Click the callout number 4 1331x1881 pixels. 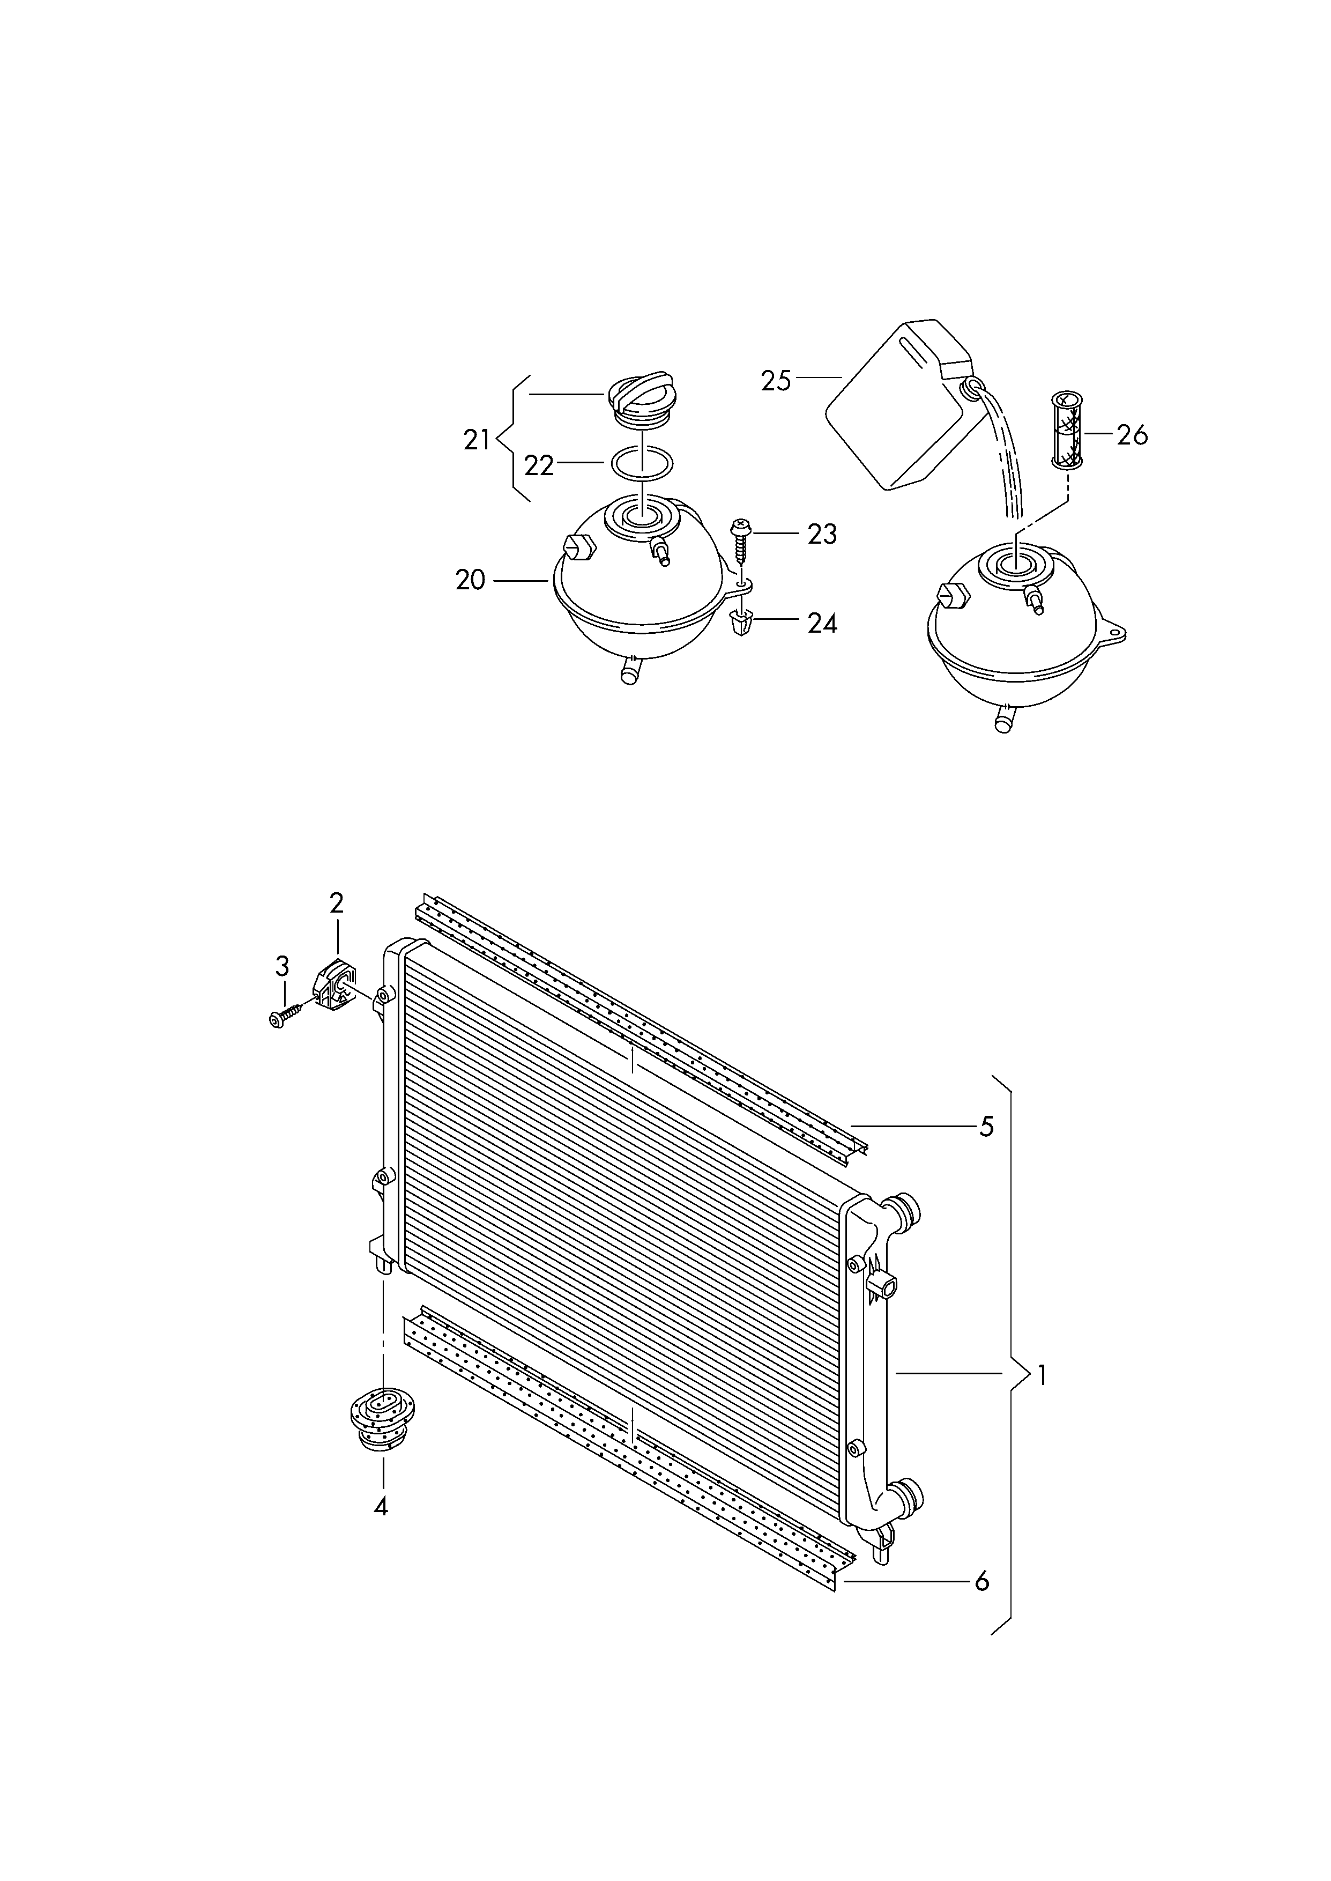(381, 1506)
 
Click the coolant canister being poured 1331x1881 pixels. (894, 406)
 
